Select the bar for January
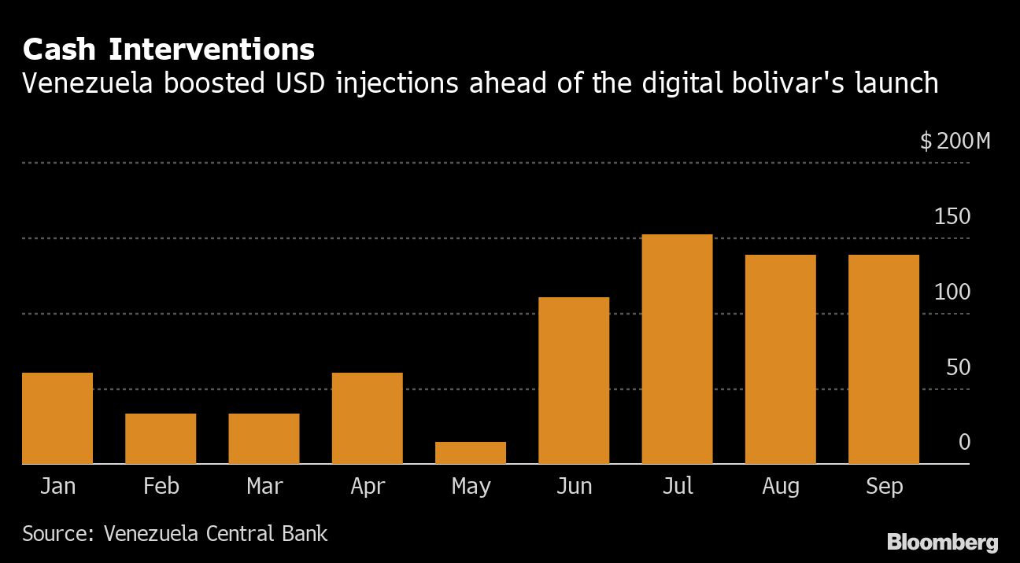pos(57,418)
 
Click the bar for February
pos(161,439)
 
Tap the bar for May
pos(471,453)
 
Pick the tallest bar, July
pos(677,349)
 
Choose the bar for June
pos(574,381)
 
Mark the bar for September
pos(884,359)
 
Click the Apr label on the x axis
pos(368,487)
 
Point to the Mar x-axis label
pos(264,487)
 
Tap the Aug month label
pos(781,487)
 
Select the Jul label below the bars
pos(678,487)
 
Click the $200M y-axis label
pos(955,142)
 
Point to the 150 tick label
pos(952,217)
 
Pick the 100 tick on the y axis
pos(952,293)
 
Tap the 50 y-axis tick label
pos(958,368)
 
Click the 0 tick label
pos(964,443)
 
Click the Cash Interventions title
pos(168,50)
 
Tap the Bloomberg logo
pos(942,542)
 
